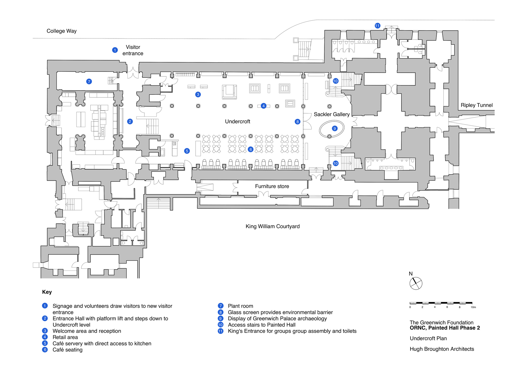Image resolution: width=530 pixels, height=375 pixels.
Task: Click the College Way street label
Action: coord(61,31)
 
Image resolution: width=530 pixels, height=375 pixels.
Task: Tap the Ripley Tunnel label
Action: coord(476,105)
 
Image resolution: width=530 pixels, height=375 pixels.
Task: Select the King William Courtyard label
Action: coord(272,226)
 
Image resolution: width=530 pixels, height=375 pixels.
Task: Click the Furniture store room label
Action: coord(272,186)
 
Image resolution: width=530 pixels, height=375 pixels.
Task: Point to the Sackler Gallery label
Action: coord(332,114)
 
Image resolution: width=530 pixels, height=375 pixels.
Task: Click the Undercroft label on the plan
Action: coord(237,121)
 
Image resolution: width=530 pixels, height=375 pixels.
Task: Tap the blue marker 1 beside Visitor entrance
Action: coord(115,50)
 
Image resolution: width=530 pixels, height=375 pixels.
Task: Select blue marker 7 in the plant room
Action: coord(89,82)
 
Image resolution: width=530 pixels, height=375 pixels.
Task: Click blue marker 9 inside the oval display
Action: coord(335,129)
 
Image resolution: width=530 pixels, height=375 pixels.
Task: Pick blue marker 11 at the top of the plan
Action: coord(377,26)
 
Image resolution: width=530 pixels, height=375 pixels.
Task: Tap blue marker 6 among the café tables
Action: coord(251,150)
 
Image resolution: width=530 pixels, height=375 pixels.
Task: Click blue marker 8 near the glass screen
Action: coord(298,122)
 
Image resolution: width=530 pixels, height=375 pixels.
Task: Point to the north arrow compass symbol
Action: coord(416,284)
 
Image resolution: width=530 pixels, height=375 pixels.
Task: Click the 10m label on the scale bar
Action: coord(473,307)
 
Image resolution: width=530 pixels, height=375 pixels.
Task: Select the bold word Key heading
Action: coord(47,292)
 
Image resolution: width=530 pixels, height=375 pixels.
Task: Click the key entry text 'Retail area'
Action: coord(65,337)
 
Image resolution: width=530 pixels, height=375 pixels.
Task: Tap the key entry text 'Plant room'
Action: coord(240,306)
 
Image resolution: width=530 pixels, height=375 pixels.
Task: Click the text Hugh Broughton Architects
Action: coord(442,349)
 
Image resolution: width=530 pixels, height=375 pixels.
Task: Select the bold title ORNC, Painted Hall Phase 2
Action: coord(445,328)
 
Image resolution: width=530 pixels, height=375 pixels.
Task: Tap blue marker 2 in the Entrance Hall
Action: coord(130,121)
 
